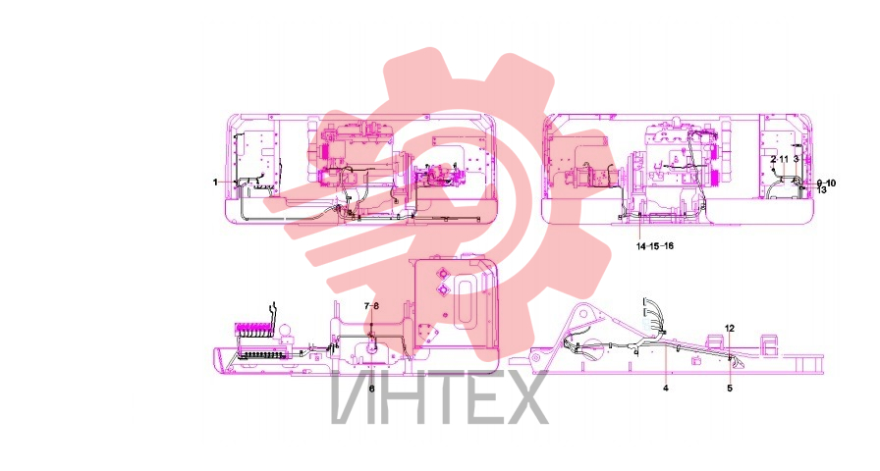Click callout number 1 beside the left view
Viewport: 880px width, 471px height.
(215, 183)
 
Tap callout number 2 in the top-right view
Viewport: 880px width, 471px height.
(773, 160)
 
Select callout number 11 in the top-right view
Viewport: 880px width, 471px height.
(784, 160)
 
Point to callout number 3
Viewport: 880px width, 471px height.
(796, 160)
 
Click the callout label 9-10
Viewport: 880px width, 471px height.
(826, 183)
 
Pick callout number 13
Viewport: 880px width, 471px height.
(822, 190)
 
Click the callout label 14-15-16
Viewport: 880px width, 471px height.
(655, 246)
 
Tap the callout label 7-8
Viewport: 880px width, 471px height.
(371, 305)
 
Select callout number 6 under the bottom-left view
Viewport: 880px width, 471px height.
(371, 388)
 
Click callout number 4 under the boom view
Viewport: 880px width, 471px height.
(666, 388)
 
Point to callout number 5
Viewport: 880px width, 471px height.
(730, 388)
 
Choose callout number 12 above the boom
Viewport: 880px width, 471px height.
(730, 328)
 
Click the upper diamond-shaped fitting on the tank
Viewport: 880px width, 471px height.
(442, 274)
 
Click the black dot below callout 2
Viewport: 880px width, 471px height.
(774, 170)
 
